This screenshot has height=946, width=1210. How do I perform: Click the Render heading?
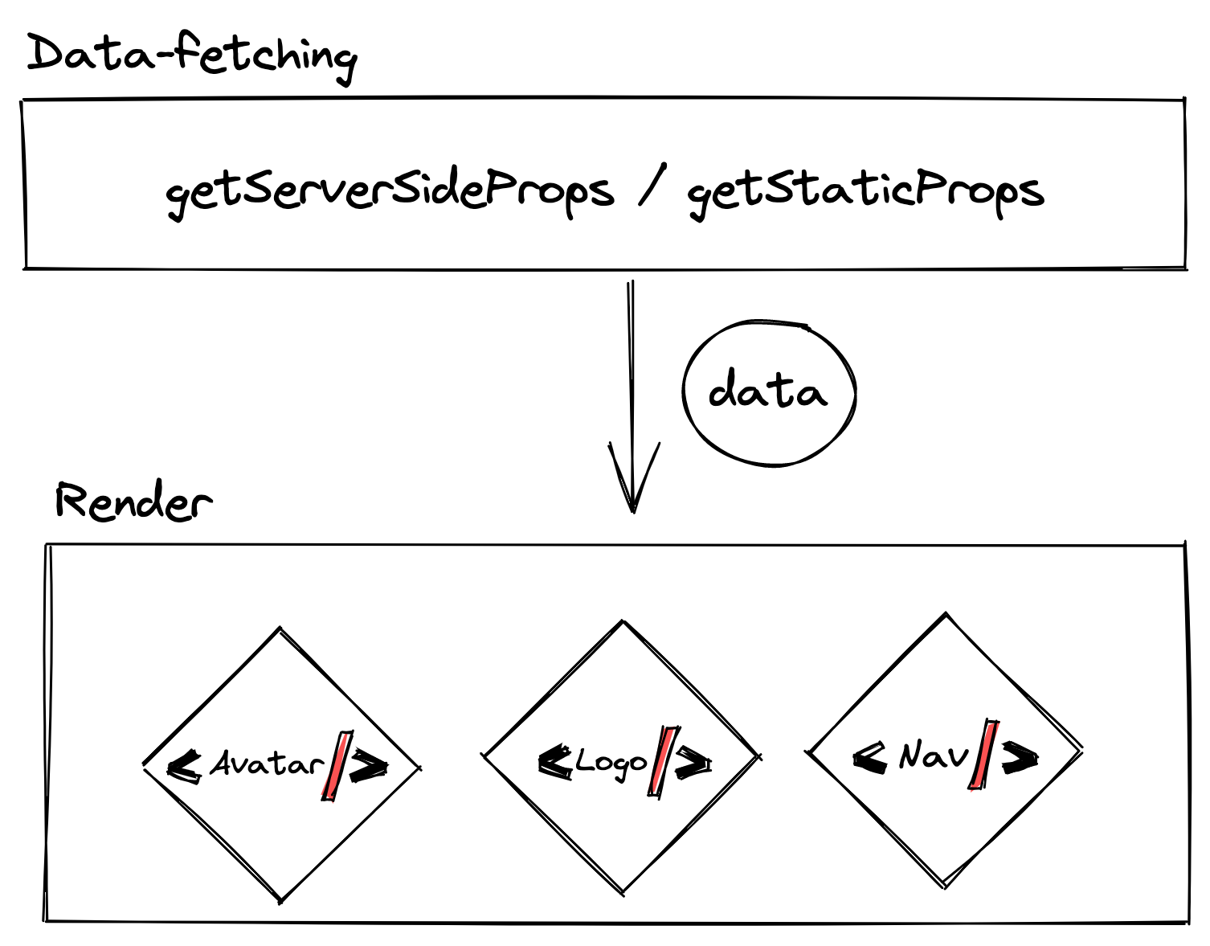coord(133,502)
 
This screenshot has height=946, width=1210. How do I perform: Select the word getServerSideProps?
coord(390,191)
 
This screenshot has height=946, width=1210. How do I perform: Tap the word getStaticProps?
coord(865,191)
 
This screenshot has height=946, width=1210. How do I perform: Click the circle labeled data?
coord(769,393)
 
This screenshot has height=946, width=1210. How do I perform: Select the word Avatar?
coord(267,764)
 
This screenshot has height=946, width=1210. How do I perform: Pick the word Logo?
coord(611,763)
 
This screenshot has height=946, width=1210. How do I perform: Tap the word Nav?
coord(934,755)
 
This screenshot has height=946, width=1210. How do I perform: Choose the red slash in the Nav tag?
coord(984,755)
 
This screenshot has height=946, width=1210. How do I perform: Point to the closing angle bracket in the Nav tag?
coord(1020,756)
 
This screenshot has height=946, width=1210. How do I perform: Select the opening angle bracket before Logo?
coord(555,761)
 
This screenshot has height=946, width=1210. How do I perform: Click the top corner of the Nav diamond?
coord(946,616)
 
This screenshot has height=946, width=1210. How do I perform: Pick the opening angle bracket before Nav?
coord(870,756)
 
